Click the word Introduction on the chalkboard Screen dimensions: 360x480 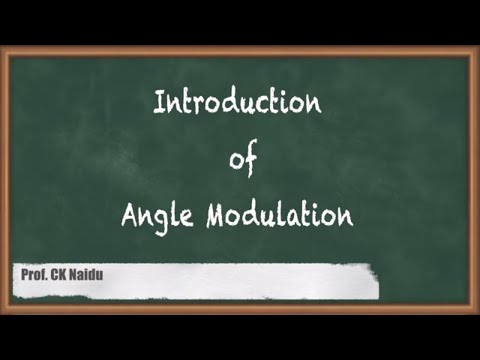(x=239, y=102)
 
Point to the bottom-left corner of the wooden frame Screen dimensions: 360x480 (x=5, y=309)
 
